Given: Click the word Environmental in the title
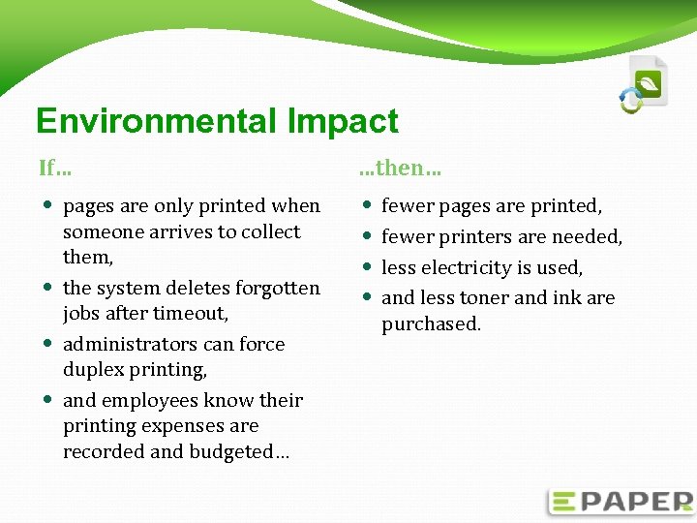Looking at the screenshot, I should coord(156,121).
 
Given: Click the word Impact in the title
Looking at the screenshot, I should coord(343,121).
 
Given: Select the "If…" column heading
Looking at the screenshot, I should coord(54,168).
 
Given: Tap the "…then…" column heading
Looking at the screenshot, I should coord(400,168).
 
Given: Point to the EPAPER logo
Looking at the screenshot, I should coord(621,502).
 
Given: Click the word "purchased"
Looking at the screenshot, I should coord(431,323).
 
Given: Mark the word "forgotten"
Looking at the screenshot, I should coord(275,288).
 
